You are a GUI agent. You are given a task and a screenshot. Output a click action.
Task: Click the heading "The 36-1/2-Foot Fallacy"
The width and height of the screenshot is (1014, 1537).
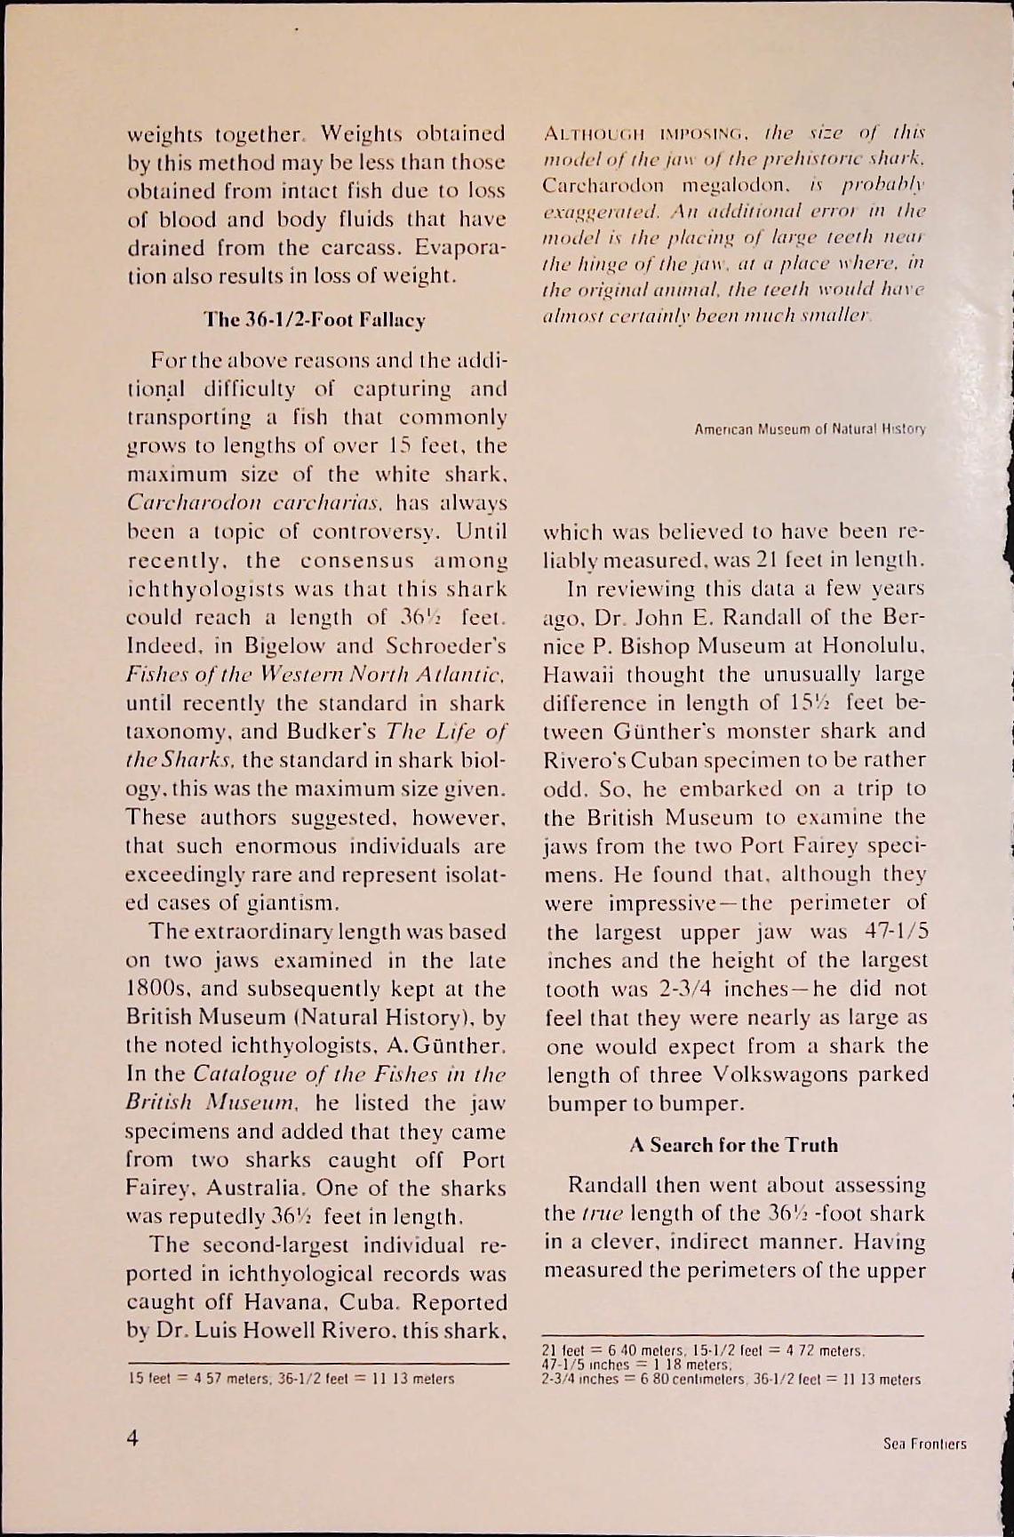click(315, 319)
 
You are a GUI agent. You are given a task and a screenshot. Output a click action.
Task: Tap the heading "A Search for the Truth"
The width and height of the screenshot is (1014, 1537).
click(733, 1144)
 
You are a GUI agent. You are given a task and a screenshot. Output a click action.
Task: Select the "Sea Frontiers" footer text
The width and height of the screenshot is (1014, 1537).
click(924, 1444)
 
